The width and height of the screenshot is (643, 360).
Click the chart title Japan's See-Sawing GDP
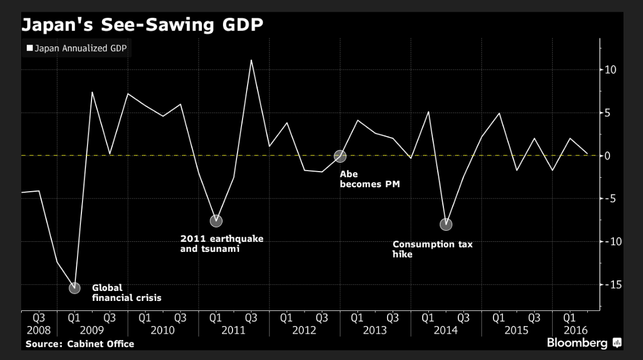pyautogui.click(x=142, y=25)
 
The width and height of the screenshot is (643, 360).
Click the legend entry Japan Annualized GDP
pyautogui.click(x=76, y=48)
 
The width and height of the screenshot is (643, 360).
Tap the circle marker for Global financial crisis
pyautogui.click(x=74, y=288)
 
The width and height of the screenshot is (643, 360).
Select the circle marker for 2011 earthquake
pyautogui.click(x=216, y=221)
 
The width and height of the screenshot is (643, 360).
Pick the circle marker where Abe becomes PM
pyautogui.click(x=340, y=156)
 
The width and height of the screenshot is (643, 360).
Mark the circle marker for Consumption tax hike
pyautogui.click(x=446, y=225)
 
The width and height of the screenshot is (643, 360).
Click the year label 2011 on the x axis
pyautogui.click(x=234, y=330)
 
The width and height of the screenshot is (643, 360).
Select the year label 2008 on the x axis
pyautogui.click(x=38, y=330)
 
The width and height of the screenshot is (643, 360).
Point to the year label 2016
pyautogui.click(x=570, y=330)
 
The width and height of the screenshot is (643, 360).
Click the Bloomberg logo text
pyautogui.click(x=577, y=343)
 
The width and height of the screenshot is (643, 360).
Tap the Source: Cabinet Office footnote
pyautogui.click(x=80, y=344)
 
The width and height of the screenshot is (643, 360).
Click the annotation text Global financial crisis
pyautogui.click(x=127, y=293)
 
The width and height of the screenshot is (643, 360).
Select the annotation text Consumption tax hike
pyautogui.click(x=432, y=249)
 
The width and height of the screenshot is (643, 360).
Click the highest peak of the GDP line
pyautogui.click(x=252, y=60)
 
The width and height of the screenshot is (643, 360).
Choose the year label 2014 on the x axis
pyautogui.click(x=446, y=330)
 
